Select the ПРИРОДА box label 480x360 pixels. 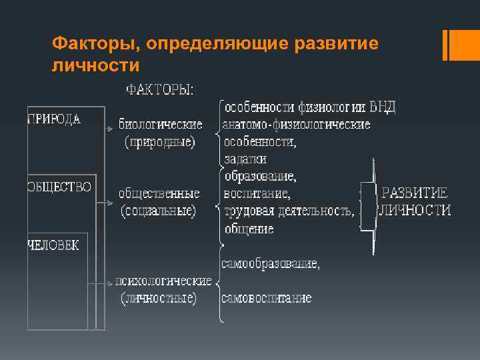(55, 120)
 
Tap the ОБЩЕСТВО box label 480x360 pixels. (59, 187)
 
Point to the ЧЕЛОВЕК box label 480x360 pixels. (53, 245)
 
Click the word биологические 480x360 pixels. (161, 124)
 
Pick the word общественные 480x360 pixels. (159, 194)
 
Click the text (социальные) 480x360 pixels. (158, 211)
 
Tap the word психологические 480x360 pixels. (163, 281)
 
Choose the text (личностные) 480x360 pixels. (159, 298)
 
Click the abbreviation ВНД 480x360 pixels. (383, 107)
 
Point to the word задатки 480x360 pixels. (245, 159)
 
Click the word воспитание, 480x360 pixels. (257, 194)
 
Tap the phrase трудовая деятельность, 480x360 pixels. (289, 211)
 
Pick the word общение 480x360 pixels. (249, 229)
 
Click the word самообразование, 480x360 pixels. (271, 263)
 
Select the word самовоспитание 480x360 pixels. (267, 298)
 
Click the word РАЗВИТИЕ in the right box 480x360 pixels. (414, 193)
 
